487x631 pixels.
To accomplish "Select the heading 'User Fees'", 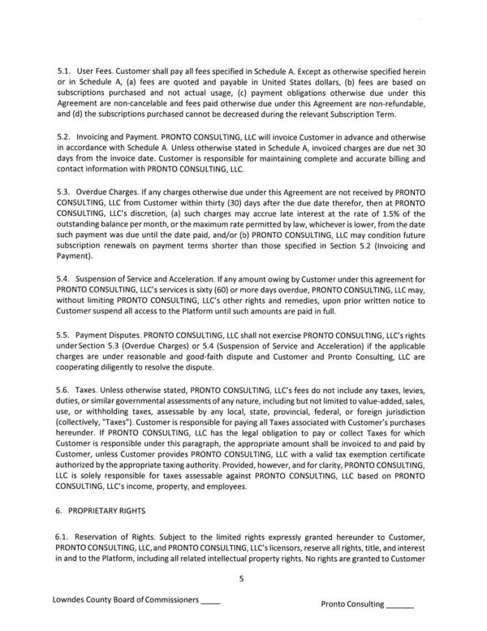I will click(x=97, y=71).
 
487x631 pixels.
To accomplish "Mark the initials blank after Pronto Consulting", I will click(x=399, y=606).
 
